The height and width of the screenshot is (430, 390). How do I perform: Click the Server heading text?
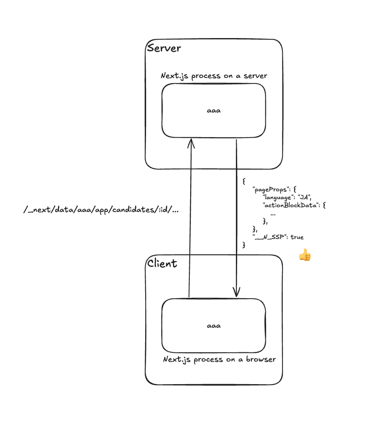point(164,48)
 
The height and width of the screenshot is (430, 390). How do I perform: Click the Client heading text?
point(162,263)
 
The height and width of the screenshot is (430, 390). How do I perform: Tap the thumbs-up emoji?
point(305,255)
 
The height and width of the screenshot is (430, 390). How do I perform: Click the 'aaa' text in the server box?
point(214,110)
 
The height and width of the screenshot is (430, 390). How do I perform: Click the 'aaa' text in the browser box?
point(214,326)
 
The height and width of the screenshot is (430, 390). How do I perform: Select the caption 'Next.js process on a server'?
point(214,76)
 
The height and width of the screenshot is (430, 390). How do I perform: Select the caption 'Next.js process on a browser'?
point(219,359)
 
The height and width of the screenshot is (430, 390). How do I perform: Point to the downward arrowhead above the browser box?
point(236,292)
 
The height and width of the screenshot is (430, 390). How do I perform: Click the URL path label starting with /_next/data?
point(101,210)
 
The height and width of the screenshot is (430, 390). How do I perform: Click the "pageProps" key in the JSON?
point(269,190)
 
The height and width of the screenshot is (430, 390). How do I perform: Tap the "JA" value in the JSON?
point(304,197)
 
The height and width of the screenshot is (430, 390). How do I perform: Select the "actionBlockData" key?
point(290,205)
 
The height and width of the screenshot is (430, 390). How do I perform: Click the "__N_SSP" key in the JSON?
point(269,237)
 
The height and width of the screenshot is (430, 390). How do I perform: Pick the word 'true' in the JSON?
point(297,237)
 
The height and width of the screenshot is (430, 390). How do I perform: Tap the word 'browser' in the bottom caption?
point(261,359)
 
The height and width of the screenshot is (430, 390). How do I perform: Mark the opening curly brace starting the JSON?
point(244,181)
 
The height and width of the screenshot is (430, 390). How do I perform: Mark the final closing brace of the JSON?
point(244,245)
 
